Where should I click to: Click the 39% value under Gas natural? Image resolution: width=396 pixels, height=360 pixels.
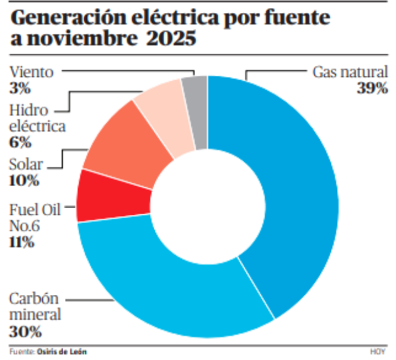373,89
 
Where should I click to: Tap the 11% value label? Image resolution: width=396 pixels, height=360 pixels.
21,242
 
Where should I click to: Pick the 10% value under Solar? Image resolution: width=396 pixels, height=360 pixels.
21,179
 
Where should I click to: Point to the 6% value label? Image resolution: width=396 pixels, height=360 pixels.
20,142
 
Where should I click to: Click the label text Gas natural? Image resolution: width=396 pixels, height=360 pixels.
350,73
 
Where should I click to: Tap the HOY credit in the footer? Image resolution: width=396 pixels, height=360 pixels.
377,352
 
